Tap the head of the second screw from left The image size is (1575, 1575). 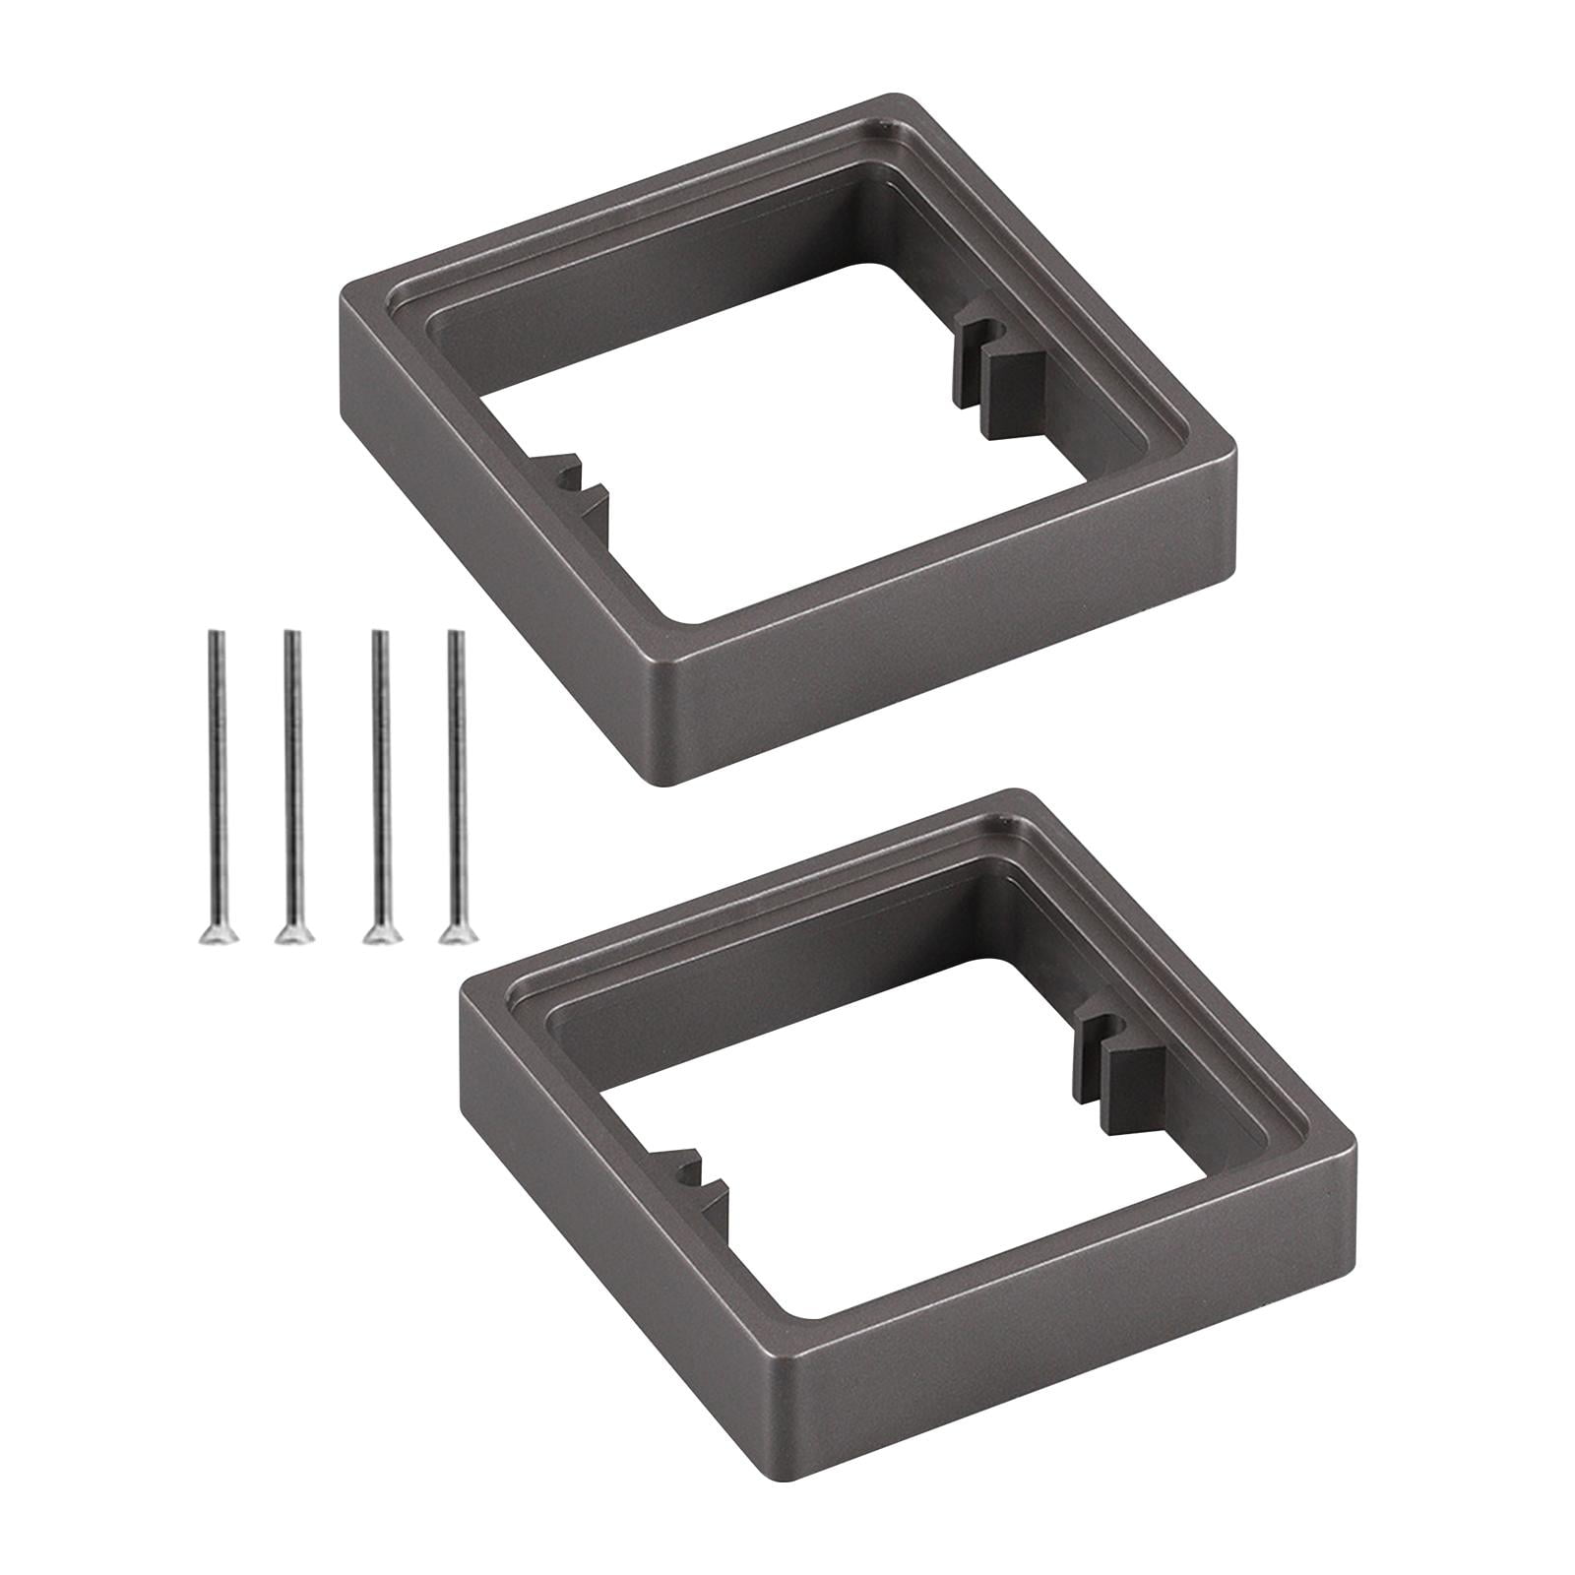(290, 932)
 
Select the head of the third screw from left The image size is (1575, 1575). (374, 932)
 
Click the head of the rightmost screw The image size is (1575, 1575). (454, 932)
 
